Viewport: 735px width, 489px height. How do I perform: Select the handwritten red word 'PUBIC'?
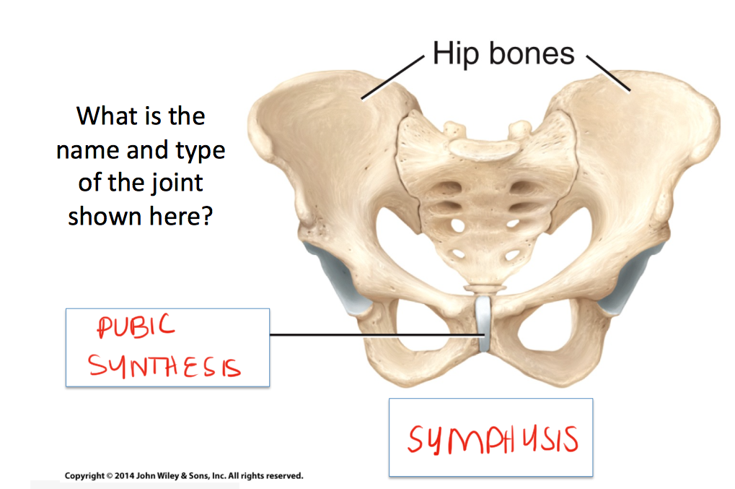click(x=136, y=328)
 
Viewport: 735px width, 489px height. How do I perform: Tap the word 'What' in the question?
click(x=106, y=116)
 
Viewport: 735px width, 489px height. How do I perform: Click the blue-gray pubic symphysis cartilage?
click(x=484, y=324)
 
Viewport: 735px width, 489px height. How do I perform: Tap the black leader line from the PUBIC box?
click(x=375, y=334)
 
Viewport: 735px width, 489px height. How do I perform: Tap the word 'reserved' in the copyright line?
click(x=281, y=476)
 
